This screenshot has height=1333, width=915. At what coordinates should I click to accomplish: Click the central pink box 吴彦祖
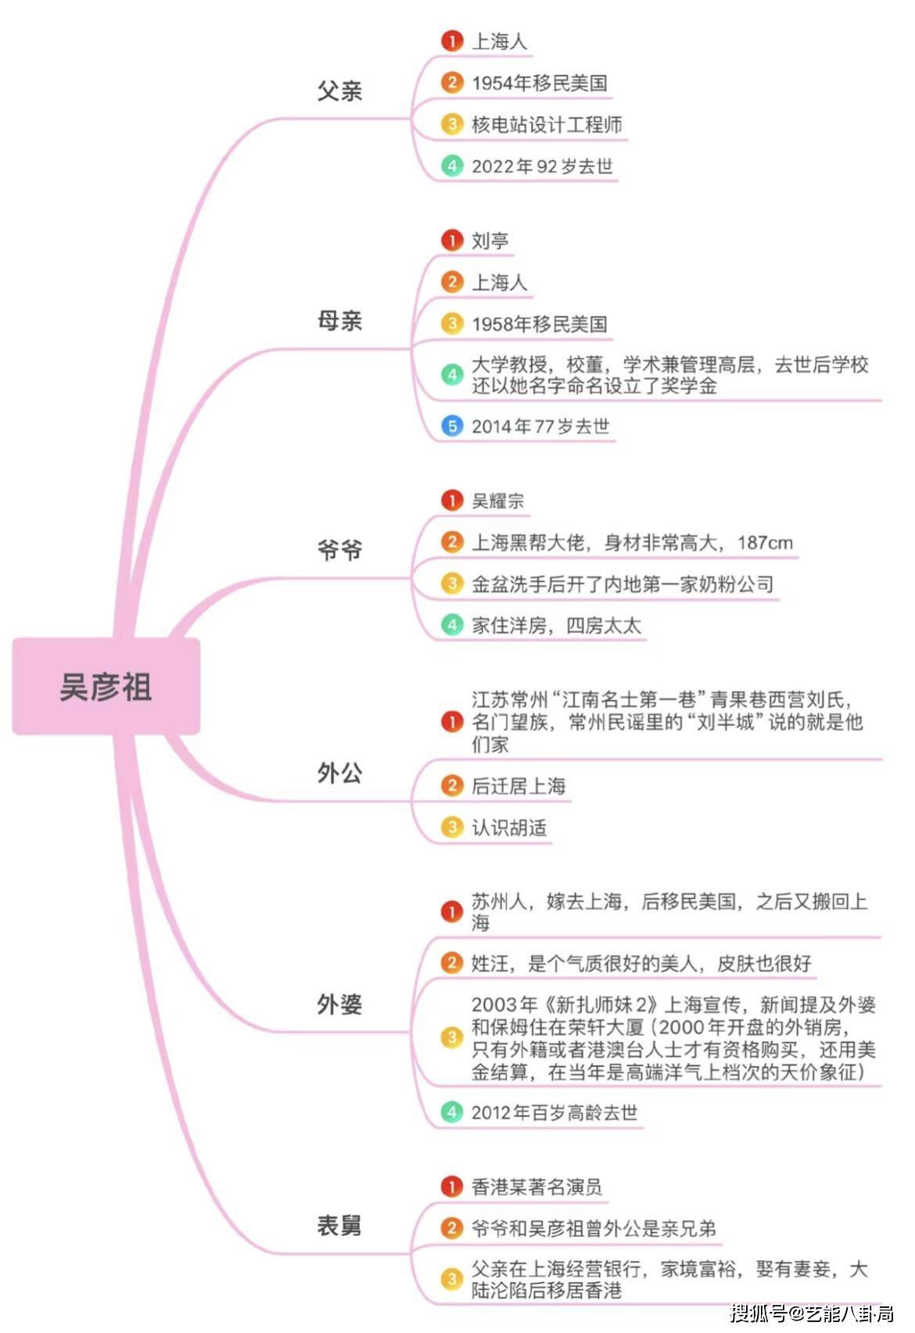tap(106, 686)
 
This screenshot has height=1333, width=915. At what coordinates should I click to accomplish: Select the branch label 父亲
tap(339, 91)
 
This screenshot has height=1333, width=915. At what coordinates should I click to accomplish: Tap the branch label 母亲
tap(339, 321)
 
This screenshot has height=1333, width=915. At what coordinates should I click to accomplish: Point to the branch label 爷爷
tap(339, 549)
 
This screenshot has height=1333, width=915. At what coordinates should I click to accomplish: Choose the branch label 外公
tap(339, 773)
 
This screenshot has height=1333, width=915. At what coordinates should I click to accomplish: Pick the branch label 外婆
tap(339, 1004)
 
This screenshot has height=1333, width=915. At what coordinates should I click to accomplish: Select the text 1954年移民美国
tap(540, 83)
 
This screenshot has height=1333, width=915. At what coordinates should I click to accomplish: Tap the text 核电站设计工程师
tap(547, 125)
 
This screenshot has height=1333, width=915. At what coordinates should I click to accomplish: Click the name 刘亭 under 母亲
tap(490, 240)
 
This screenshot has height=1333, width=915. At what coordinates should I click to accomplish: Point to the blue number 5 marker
tap(452, 426)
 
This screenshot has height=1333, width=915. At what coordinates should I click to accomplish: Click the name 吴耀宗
tap(498, 501)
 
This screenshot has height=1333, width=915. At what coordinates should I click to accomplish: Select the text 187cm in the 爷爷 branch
tap(765, 543)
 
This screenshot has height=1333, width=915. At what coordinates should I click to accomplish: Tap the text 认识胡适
tap(509, 827)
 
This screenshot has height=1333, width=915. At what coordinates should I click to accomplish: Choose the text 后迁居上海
tap(518, 785)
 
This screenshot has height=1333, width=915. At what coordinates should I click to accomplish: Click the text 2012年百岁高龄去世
tap(554, 1112)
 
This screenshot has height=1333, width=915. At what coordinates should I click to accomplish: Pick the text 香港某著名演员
tap(536, 1186)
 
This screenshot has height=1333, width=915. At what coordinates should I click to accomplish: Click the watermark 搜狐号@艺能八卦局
tap(812, 1313)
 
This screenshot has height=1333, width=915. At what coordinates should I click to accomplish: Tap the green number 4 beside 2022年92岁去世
tap(452, 166)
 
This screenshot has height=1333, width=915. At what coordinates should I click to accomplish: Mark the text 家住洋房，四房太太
tap(556, 625)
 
